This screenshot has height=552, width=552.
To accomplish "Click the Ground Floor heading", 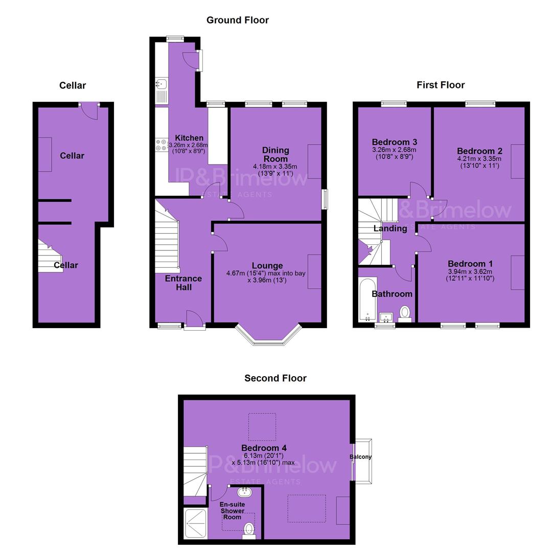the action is click(x=238, y=20).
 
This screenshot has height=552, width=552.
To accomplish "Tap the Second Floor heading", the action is click(x=275, y=378).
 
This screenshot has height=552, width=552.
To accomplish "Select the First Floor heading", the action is click(x=441, y=85).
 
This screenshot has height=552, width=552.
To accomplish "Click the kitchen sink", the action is click(x=162, y=84).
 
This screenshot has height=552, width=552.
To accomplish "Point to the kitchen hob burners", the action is click(x=162, y=145).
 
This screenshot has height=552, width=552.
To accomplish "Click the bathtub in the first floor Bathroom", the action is click(x=367, y=299).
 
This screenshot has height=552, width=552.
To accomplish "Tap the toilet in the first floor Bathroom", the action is click(x=405, y=314).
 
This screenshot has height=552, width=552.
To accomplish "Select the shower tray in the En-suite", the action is click(x=195, y=523).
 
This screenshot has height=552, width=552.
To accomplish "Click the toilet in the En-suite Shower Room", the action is click(x=249, y=531).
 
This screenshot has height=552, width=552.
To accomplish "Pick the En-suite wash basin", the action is click(x=244, y=492).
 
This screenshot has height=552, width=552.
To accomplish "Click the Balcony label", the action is click(x=360, y=456).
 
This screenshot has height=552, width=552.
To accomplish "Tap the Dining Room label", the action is click(x=275, y=154).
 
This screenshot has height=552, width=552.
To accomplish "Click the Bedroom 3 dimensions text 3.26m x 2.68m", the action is click(x=394, y=150).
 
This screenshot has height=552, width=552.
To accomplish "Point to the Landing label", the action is click(x=390, y=228).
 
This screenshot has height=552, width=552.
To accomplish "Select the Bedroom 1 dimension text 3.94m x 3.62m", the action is click(x=470, y=271).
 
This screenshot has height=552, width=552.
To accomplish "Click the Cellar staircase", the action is click(x=50, y=256).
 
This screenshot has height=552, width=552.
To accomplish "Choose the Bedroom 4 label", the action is click(x=264, y=448).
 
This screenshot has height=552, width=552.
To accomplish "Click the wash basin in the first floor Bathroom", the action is click(x=386, y=317).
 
